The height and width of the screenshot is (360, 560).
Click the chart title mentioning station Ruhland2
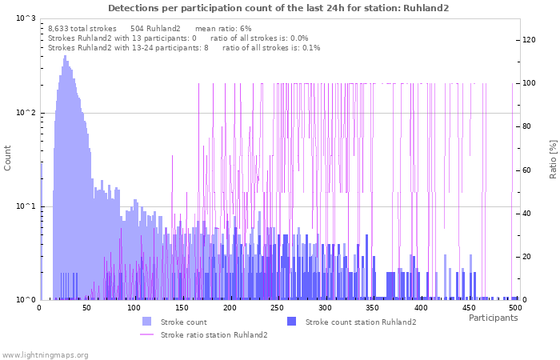[278, 8]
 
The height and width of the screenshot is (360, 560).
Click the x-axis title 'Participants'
[493, 318]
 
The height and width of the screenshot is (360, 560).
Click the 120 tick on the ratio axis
[529, 40]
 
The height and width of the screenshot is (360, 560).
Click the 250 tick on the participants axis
[278, 307]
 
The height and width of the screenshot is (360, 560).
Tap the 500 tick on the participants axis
[514, 307]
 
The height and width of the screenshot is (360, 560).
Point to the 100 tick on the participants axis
[134, 307]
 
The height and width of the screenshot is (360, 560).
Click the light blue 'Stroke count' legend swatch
[147, 322]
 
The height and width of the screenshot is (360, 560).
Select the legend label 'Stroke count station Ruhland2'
[361, 322]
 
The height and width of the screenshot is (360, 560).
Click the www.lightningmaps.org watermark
[45, 354]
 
